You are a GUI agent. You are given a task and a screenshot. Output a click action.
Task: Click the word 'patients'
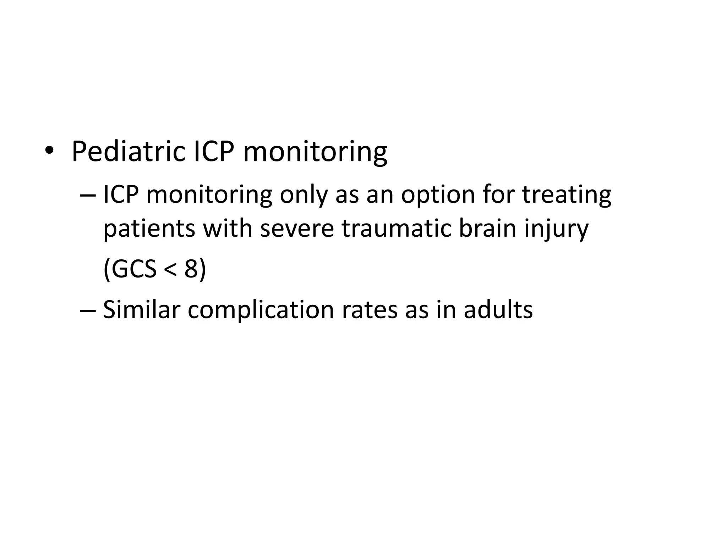pos(149,229)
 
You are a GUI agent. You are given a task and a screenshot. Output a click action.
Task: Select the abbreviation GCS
pos(135,269)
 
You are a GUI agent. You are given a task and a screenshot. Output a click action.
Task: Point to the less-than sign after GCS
pos(170,270)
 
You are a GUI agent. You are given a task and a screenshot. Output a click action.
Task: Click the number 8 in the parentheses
pos(191,269)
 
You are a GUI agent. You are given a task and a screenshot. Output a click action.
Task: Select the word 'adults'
pos(498,310)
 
